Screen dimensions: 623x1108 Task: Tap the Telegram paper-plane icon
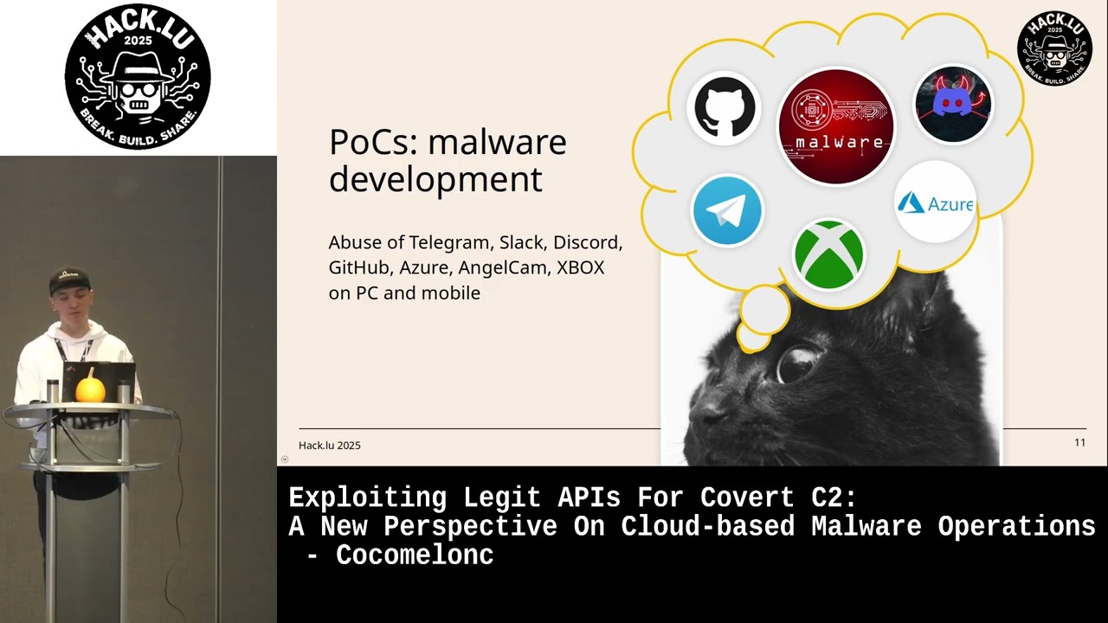point(727,210)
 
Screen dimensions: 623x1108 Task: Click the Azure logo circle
point(935,202)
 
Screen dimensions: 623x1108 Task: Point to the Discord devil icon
point(953,104)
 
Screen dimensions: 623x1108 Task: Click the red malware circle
point(835,126)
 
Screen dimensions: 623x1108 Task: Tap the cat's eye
point(798,362)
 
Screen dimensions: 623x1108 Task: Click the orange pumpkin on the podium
point(90,389)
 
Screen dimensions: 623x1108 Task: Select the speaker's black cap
point(70,279)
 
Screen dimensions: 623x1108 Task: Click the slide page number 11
point(1079,443)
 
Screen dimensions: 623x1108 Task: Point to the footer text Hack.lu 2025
point(329,446)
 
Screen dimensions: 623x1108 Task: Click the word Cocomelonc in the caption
point(415,556)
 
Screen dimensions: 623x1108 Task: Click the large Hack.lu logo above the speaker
point(138,76)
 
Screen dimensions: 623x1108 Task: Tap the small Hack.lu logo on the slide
point(1053,49)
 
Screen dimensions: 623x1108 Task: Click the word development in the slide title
point(435,179)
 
